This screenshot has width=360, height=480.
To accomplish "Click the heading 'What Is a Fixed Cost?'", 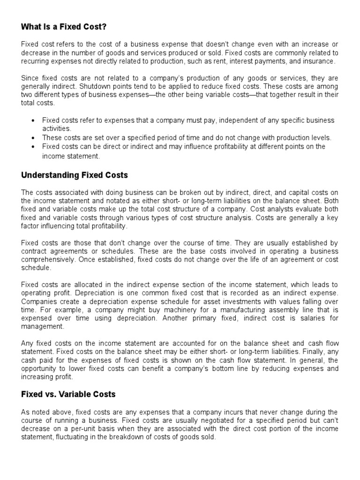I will (x=67, y=27).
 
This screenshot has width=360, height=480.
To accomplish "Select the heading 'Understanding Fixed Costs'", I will (x=75, y=175).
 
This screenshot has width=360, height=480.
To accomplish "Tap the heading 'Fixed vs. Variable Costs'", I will (x=68, y=394).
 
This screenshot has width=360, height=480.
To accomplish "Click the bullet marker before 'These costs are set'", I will (x=33, y=138).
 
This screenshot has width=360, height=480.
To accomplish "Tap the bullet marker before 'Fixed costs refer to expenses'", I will (x=33, y=120).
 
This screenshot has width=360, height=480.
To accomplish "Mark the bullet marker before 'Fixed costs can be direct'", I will (x=33, y=147).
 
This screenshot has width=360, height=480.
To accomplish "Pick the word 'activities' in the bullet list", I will (x=56, y=128).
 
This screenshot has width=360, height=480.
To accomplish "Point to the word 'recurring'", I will (x=37, y=61).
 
